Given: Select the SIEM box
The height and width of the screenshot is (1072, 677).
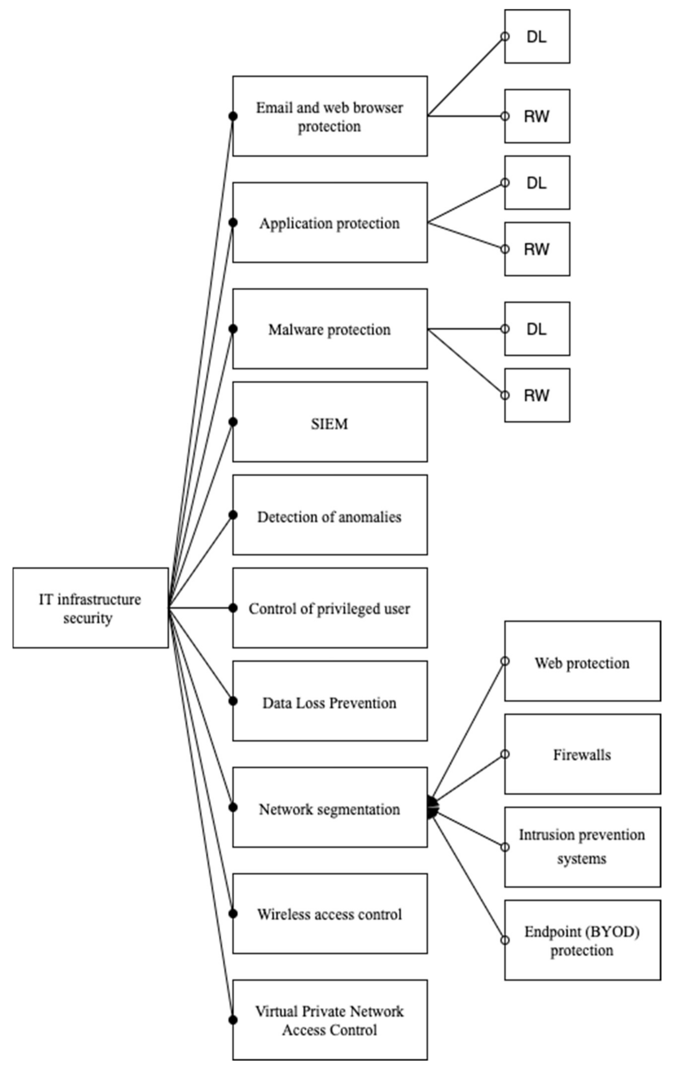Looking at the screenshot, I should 330,422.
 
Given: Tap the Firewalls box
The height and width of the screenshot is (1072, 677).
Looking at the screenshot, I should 582,754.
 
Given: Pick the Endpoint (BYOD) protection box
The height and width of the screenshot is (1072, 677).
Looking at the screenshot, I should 582,940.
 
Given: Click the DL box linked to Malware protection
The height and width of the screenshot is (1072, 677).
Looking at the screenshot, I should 537,329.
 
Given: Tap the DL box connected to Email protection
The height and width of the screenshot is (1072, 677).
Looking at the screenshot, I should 537,36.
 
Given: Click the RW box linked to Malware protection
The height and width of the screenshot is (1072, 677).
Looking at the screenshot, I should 537,395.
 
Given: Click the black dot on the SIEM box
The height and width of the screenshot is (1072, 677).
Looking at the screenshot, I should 233,422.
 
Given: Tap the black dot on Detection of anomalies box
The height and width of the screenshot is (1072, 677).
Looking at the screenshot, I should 233,515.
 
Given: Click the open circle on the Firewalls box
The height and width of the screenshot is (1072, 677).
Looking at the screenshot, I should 505,754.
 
